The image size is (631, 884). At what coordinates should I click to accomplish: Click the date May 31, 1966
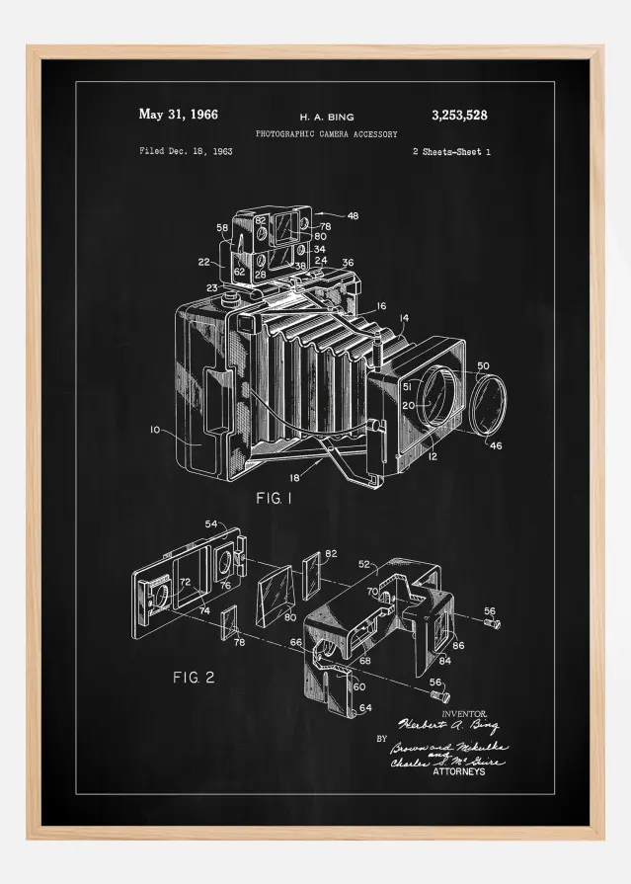point(178,115)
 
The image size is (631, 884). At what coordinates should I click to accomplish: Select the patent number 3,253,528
point(459,116)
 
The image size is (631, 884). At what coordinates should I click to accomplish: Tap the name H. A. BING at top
point(326,117)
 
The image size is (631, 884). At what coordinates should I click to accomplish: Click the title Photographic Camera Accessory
point(326,133)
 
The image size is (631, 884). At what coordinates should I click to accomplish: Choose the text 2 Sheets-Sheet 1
point(450,152)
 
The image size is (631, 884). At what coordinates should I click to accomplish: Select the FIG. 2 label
point(194,677)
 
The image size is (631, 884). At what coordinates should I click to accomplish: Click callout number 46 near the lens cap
point(495,446)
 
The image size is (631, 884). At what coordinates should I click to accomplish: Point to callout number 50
point(482,366)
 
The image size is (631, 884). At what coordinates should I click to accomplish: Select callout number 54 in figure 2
point(210,523)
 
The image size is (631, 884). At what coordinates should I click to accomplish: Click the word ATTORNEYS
point(459,771)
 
